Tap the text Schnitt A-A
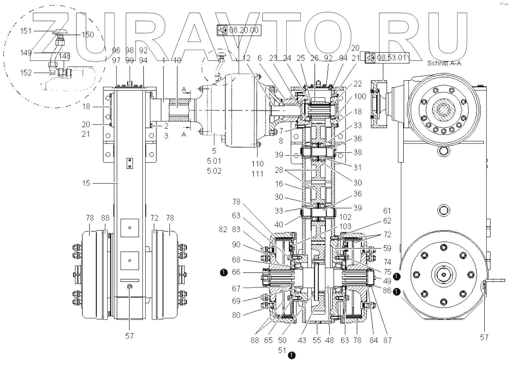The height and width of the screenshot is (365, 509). (x=444, y=63)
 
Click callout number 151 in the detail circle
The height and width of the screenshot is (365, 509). (x=26, y=31)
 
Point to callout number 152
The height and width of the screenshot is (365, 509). (x=26, y=73)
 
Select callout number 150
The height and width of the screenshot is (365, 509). (x=88, y=35)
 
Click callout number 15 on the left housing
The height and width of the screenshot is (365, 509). (x=86, y=183)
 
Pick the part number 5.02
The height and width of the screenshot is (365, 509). (x=214, y=171)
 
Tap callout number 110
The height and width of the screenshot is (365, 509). (x=257, y=164)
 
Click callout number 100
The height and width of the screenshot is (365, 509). (x=360, y=97)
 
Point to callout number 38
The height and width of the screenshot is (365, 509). (x=357, y=152)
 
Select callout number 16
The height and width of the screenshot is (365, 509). (x=279, y=184)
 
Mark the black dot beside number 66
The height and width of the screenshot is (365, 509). (x=224, y=273)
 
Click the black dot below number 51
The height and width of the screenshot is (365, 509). (x=292, y=355)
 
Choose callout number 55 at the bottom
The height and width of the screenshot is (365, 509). (x=317, y=340)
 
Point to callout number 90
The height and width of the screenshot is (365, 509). (x=236, y=244)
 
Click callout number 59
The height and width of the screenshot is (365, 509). (x=387, y=248)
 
